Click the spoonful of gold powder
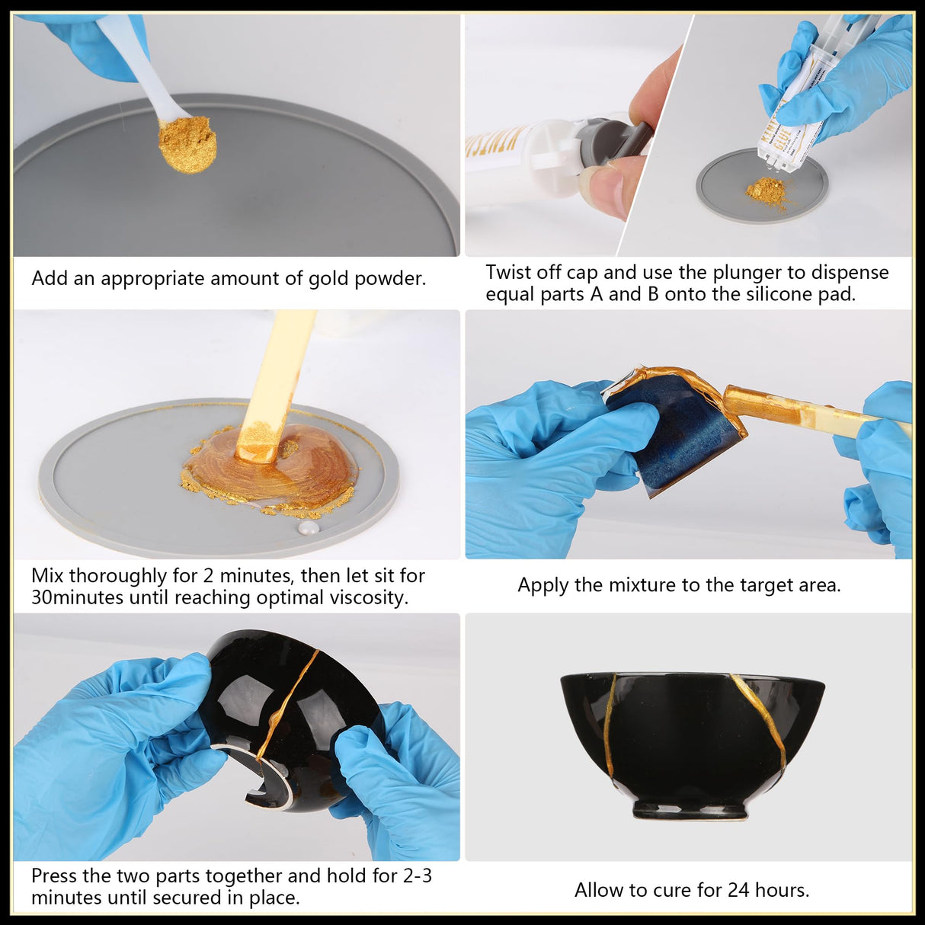click(x=187, y=144)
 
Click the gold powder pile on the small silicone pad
click(x=767, y=191)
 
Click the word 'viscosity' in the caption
click(x=368, y=597)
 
